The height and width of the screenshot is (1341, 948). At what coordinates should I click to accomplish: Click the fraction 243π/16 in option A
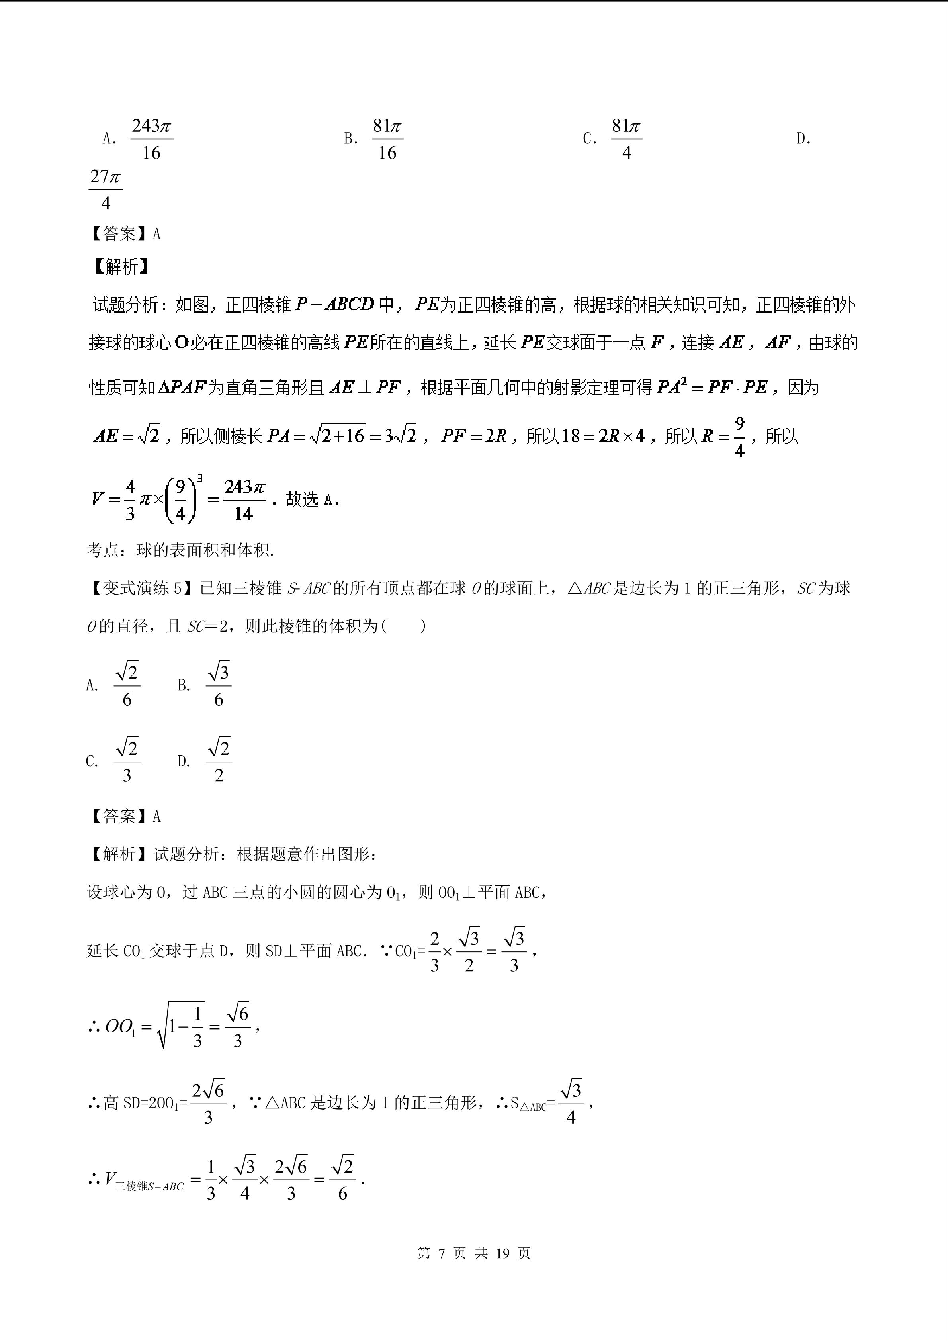pos(151,139)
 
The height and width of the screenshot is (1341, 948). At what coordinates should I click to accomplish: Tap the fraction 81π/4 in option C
pos(626,139)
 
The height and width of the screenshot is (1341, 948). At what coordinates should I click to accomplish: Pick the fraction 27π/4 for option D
pos(106,189)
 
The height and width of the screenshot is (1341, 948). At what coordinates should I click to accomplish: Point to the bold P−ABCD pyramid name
pos(334,304)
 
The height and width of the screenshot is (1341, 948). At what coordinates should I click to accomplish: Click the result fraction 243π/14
pos(244,500)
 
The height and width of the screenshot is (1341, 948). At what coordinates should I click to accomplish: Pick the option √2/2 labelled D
pos(219,760)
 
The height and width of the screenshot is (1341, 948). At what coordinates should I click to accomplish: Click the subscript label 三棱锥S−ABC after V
pos(149,1186)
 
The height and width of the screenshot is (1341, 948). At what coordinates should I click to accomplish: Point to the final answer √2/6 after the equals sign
pos(342,1180)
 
